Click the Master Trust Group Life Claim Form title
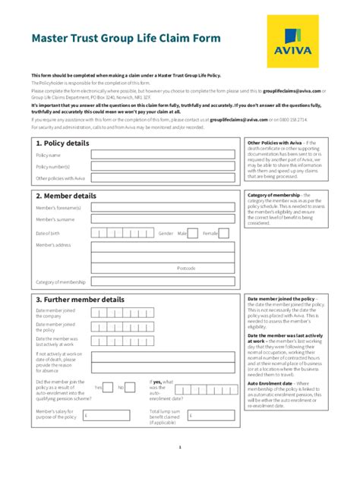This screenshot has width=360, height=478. click(x=126, y=38)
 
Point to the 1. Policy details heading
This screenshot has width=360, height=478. click(x=62, y=143)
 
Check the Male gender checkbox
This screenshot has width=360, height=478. click(x=193, y=234)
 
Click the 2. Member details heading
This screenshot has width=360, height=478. click(x=66, y=196)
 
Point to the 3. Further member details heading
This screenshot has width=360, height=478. click(x=80, y=300)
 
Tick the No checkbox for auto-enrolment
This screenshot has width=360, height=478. click(x=131, y=387)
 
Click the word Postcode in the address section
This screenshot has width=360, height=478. click(x=186, y=268)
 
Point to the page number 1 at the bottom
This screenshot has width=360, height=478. click(x=180, y=447)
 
